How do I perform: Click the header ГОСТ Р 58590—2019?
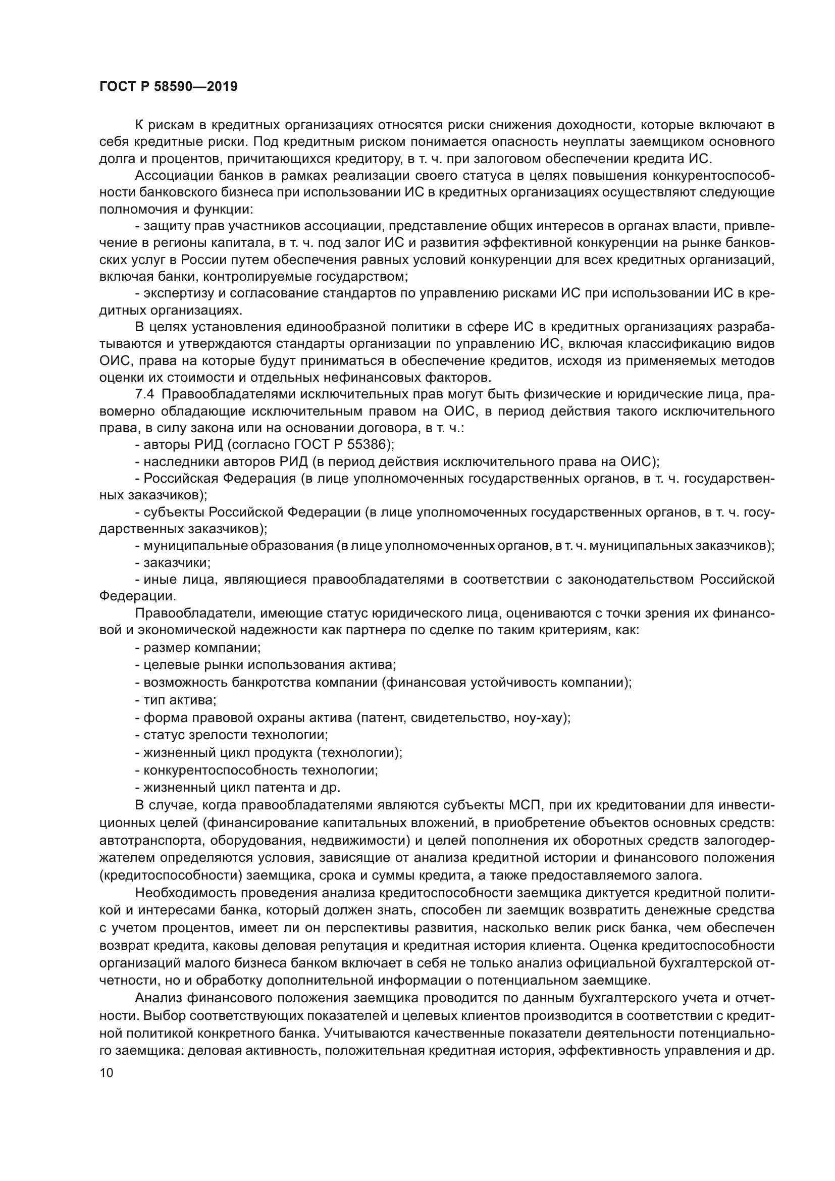click(x=168, y=86)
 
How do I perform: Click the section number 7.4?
click(x=144, y=394)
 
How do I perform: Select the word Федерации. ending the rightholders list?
click(x=137, y=596)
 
